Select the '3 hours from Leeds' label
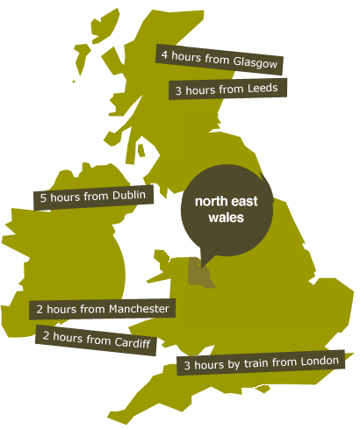tap(227, 90)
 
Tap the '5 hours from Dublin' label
tap(92, 197)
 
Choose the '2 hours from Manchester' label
tap(104, 309)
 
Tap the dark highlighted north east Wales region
tap(201, 277)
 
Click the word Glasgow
tap(256, 63)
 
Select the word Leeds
tap(262, 90)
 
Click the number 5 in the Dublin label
tap(44, 199)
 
